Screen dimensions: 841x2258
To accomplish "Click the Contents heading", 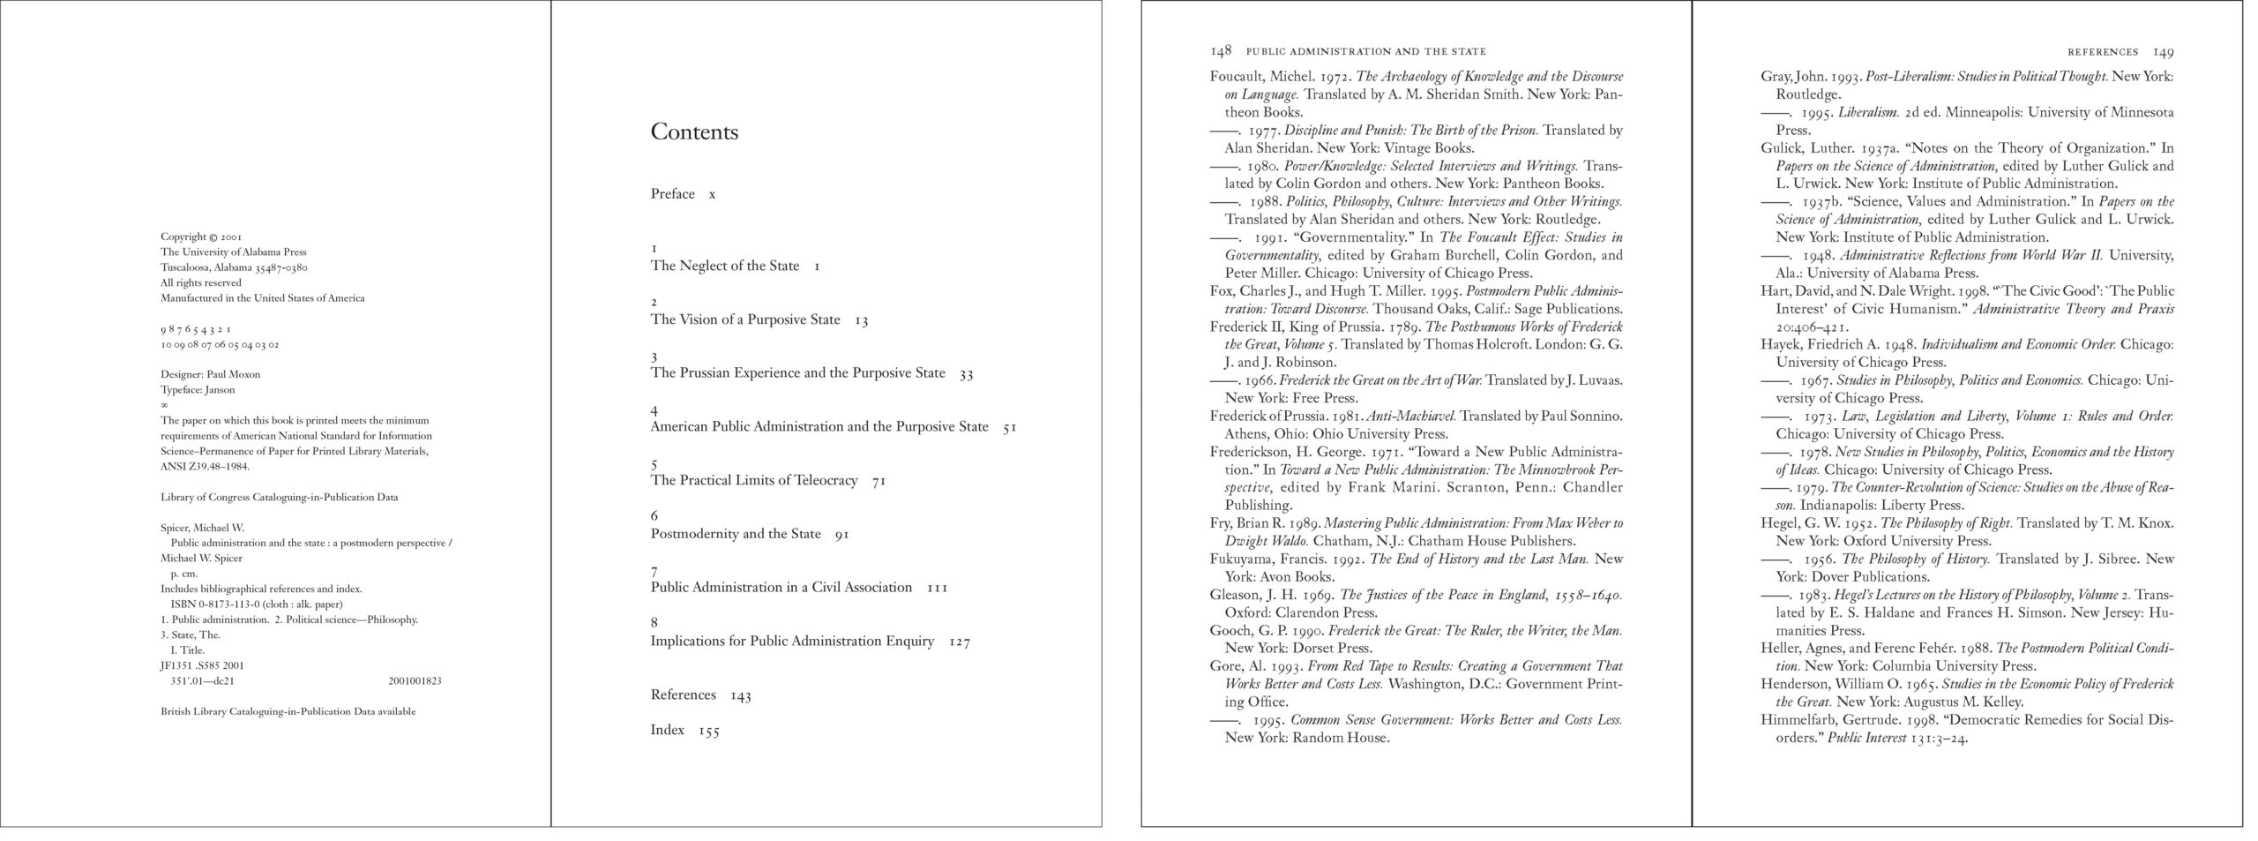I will [x=694, y=132].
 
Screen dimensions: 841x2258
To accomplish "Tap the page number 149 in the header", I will [x=2163, y=52].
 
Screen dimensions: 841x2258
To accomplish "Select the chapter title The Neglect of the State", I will [x=724, y=266].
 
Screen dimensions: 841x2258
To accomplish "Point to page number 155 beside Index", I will [x=709, y=731].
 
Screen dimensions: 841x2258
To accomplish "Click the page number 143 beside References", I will [x=740, y=695].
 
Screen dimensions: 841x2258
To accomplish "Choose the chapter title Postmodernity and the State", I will [x=735, y=534].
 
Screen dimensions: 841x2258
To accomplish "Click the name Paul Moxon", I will [x=234, y=374].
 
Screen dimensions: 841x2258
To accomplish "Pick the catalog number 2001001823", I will [x=415, y=681].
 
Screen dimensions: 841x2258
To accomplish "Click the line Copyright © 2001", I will [x=201, y=237].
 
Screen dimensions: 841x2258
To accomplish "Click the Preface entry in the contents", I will [x=672, y=194].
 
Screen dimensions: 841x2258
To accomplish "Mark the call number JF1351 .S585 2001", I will [x=203, y=666].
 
